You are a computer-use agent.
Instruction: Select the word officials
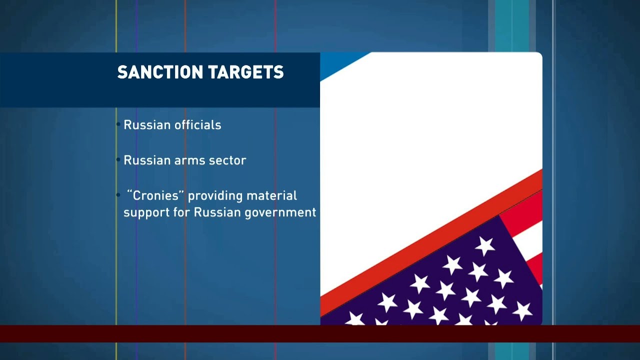pos(196,125)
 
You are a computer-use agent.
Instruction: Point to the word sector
pos(228,160)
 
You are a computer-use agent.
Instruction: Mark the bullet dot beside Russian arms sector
pos(118,160)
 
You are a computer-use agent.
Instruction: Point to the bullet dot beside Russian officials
pos(118,124)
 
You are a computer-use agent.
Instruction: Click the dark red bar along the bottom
pos(320,333)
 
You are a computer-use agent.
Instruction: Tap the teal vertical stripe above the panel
pos(511,25)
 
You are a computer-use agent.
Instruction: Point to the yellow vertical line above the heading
pos(116,25)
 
